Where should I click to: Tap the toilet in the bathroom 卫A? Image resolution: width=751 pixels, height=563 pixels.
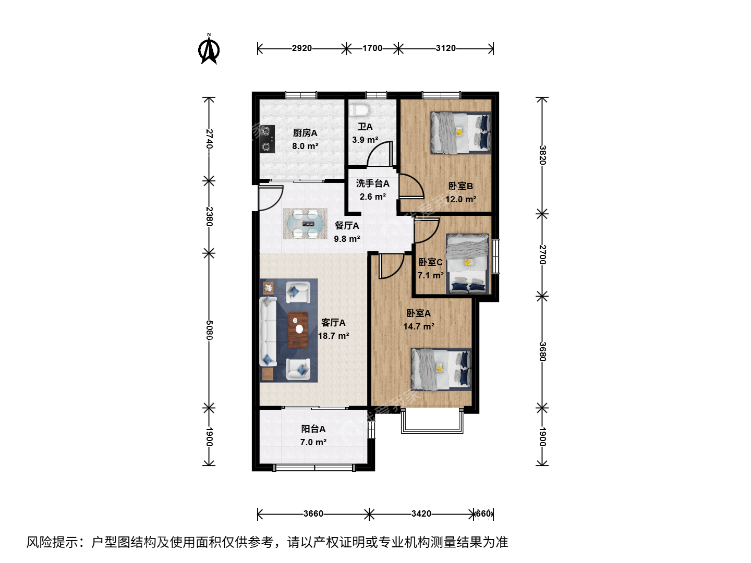tap(359, 109)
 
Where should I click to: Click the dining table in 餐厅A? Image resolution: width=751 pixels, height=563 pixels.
tap(305, 224)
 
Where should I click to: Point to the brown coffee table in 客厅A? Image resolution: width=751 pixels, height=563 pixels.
tap(298, 330)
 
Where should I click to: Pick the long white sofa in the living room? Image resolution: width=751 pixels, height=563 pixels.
tap(268, 332)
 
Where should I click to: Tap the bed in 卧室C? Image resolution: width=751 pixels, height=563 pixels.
tap(467, 264)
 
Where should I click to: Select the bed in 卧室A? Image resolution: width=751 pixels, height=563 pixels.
tap(441, 369)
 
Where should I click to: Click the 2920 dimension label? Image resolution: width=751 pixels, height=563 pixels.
tap(302, 48)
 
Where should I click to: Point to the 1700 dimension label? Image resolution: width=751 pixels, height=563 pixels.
tap(372, 48)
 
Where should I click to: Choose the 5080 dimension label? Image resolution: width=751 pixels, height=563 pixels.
tap(210, 330)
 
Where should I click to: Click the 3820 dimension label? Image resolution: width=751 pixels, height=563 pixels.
tap(543, 155)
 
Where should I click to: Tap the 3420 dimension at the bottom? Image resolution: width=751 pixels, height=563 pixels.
tap(421, 514)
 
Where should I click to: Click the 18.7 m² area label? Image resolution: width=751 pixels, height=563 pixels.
tap(334, 336)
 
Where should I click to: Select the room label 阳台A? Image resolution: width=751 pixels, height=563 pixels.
tap(313, 429)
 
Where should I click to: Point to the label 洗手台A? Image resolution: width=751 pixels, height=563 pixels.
tap(372, 183)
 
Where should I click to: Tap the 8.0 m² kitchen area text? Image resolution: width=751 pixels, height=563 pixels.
tap(305, 146)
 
